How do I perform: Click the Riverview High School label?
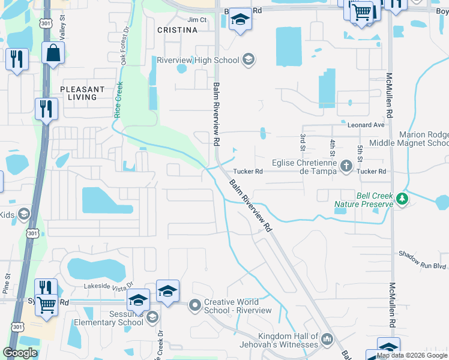[197, 60]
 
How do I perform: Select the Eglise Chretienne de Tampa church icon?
[346, 165]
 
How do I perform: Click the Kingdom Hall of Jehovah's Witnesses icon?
[327, 340]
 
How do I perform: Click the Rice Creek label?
[118, 99]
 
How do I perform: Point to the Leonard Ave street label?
[366, 125]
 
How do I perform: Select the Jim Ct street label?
[197, 20]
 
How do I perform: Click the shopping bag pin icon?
[53, 52]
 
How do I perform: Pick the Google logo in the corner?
[20, 353]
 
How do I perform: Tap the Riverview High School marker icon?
[249, 60]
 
